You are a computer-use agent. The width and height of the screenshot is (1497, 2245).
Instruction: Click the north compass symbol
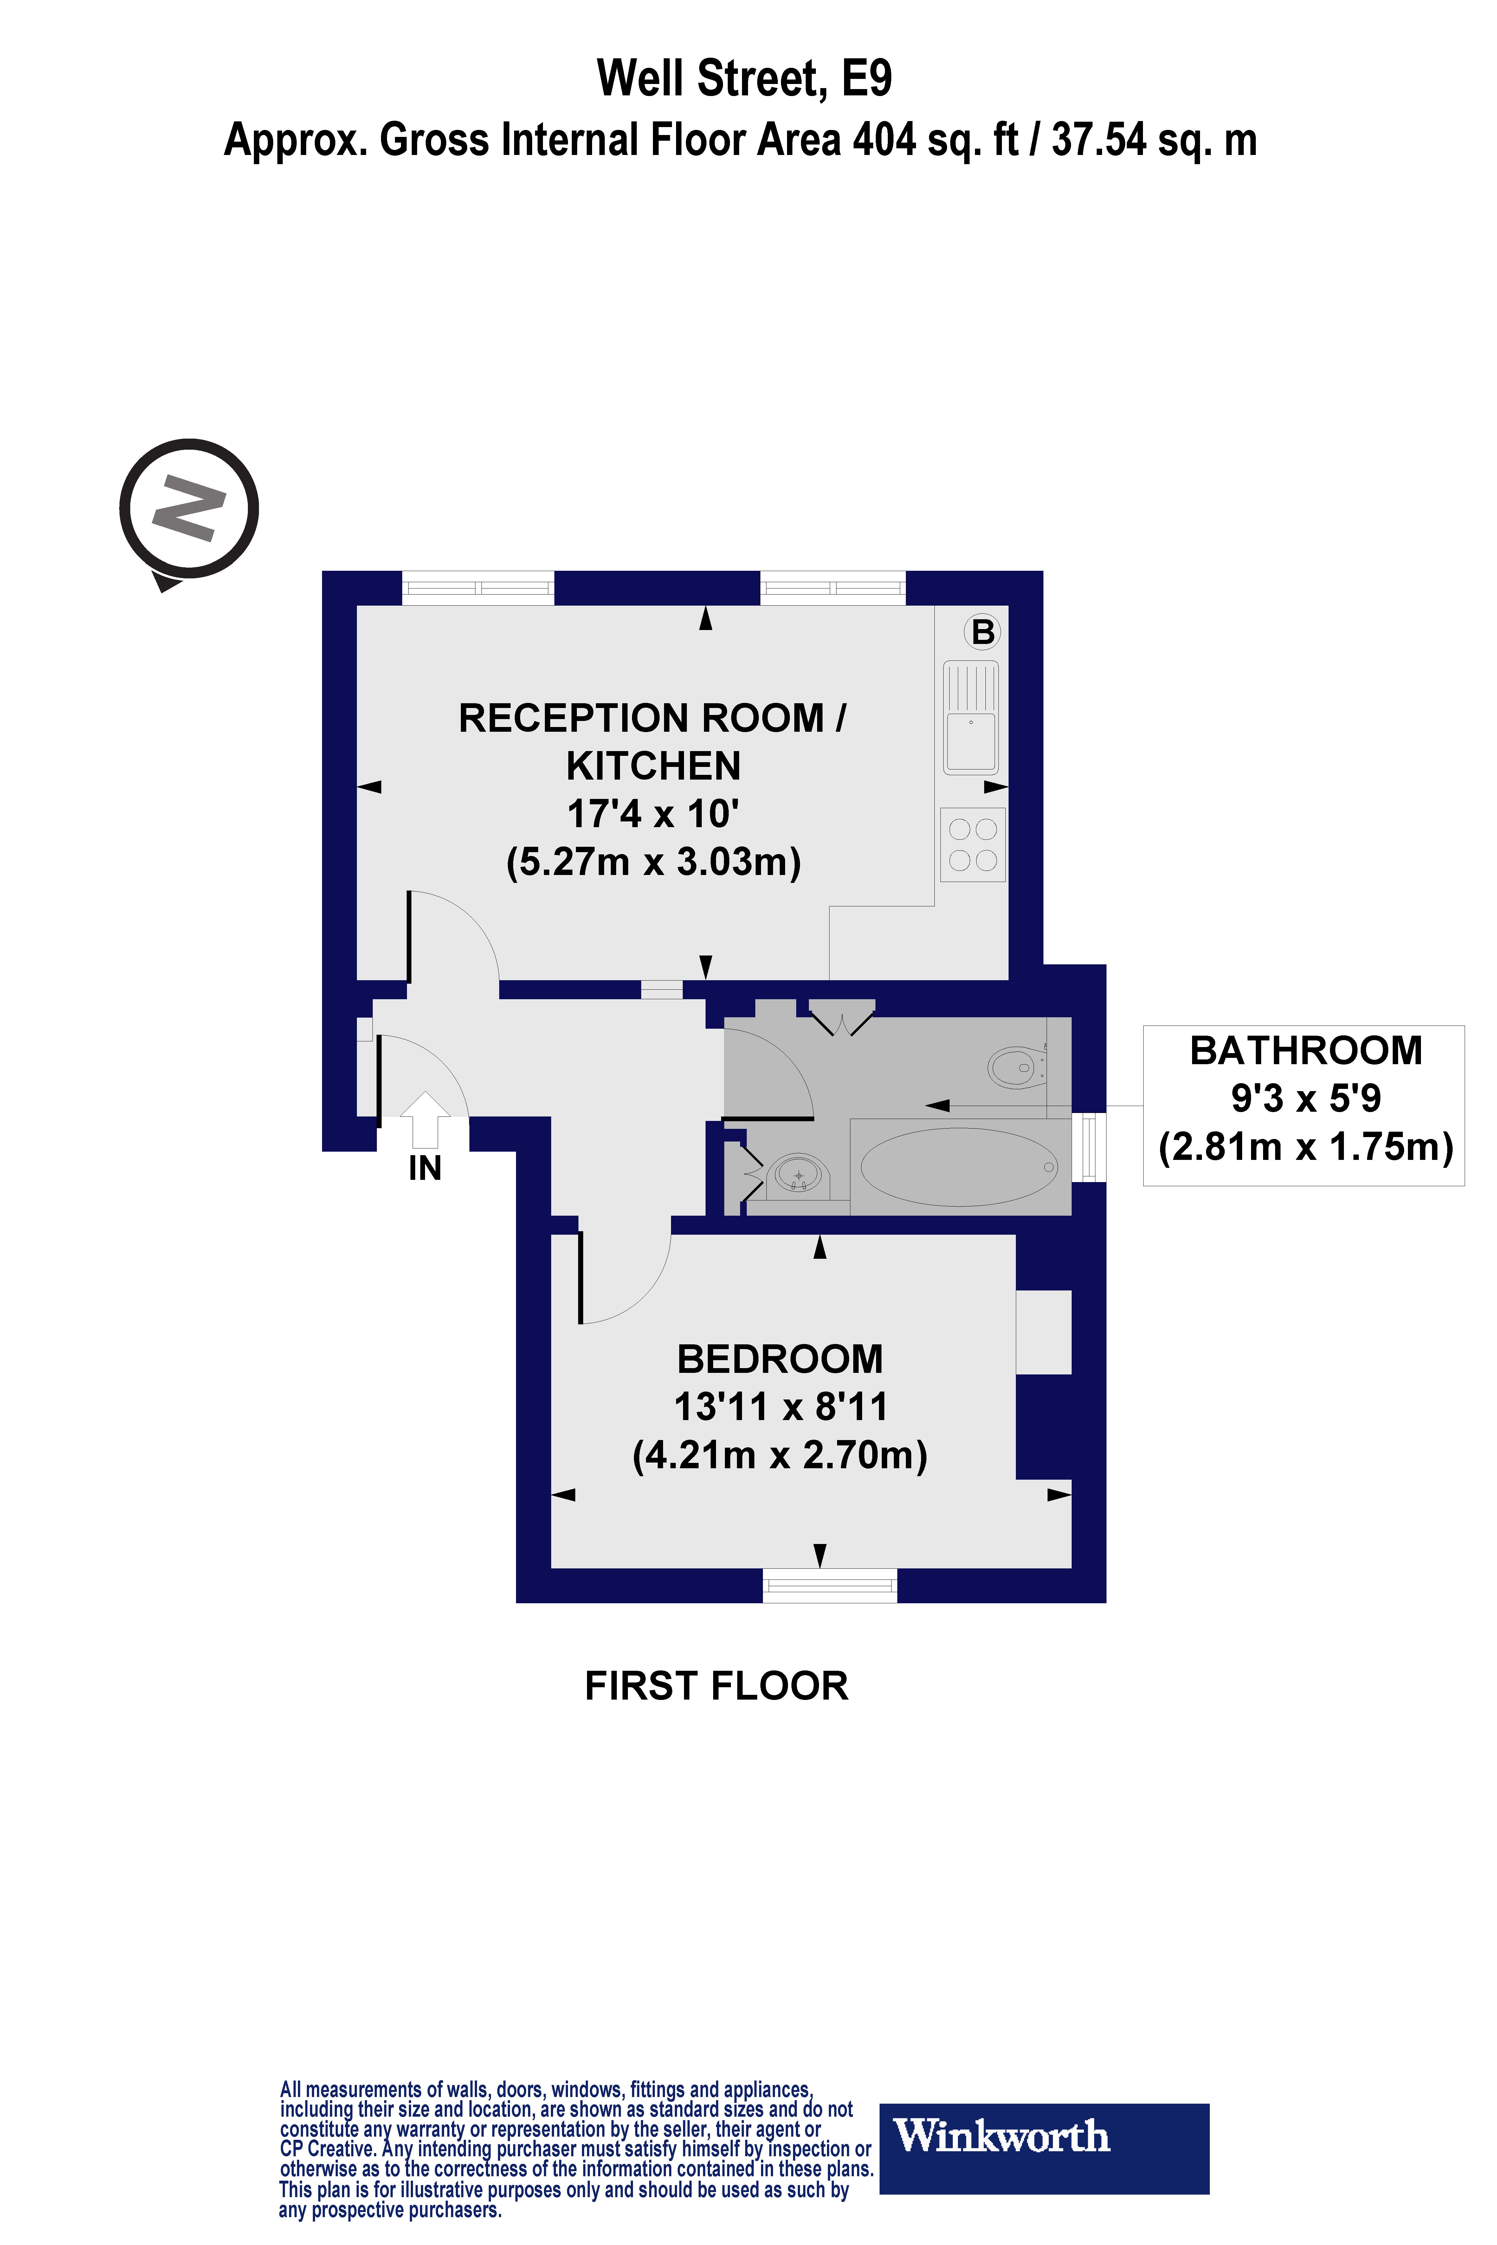tap(189, 509)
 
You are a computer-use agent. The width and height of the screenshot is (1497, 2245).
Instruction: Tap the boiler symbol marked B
tap(982, 632)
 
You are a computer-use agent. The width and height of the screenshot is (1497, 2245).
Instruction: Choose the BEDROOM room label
tap(780, 1359)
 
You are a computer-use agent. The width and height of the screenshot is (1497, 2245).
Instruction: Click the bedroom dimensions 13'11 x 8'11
tap(780, 1407)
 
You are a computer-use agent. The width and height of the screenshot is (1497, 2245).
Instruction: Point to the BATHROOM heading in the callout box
tap(1305, 1051)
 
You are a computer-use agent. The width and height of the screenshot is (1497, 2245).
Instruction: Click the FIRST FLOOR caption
tap(716, 1687)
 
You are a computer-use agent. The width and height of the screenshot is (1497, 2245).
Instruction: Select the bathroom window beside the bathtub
tap(1088, 1147)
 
